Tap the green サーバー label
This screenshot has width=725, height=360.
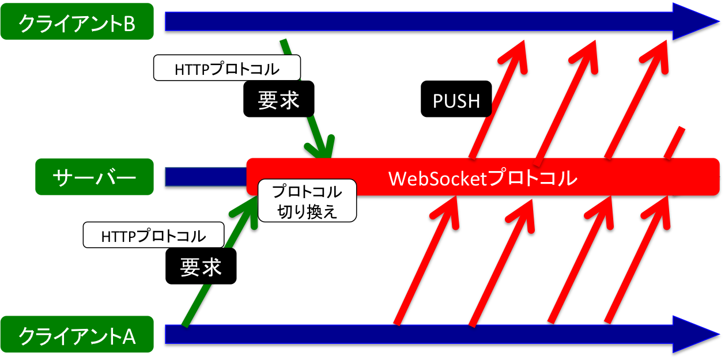95,176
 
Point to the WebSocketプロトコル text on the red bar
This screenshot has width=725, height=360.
483,178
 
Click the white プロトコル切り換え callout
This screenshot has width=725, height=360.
307,201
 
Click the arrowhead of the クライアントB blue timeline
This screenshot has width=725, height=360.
697,22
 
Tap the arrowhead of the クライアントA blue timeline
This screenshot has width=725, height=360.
697,336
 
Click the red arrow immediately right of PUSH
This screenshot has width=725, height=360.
499,98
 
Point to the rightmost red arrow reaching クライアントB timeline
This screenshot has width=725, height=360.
640,98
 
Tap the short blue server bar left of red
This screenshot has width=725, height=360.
205,177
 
